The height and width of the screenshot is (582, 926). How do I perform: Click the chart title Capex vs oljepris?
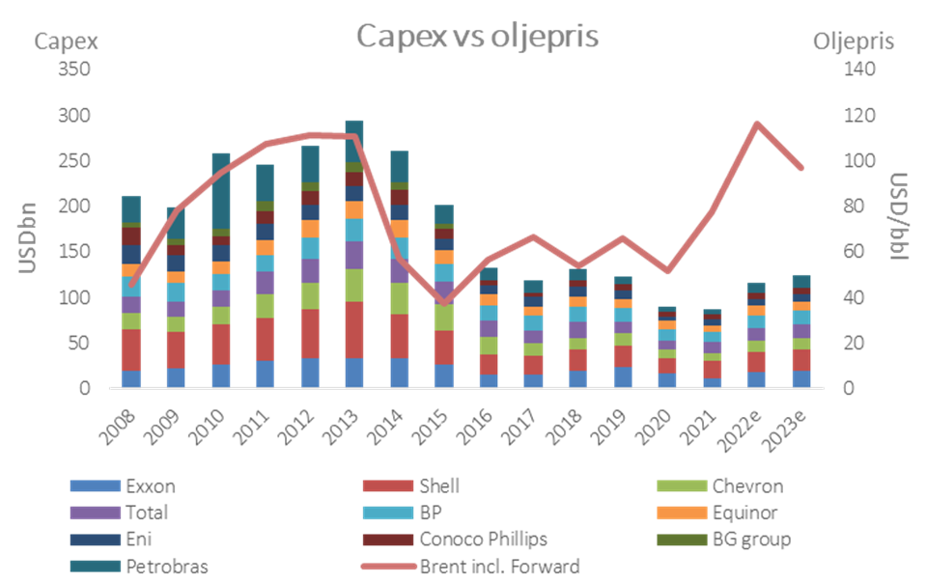(x=477, y=37)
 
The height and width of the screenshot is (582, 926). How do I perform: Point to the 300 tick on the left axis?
(x=76, y=116)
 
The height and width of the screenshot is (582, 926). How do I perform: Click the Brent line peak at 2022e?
(x=757, y=123)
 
